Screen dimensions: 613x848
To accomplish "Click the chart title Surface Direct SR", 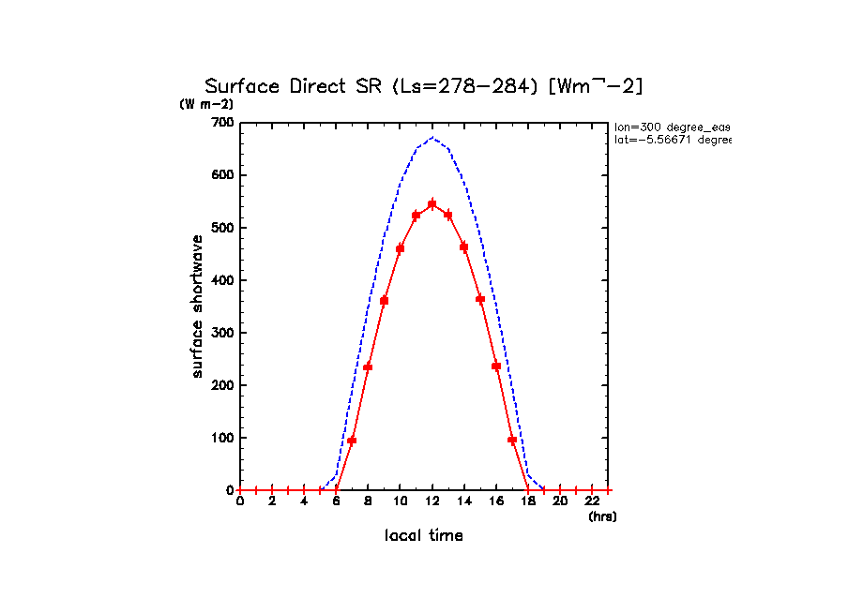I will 424,86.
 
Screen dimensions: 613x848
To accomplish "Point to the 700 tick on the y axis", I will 223,123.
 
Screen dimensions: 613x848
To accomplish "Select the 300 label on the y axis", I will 223,333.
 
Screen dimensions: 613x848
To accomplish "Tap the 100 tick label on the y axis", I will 223,438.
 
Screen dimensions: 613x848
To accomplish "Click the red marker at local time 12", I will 432,203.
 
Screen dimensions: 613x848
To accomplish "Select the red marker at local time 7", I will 352,441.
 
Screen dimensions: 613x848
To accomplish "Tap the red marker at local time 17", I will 512,440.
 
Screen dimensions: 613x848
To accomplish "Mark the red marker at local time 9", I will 384,301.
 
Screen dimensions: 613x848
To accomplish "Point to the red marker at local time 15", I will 480,299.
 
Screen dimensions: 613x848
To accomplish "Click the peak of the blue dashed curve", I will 432,138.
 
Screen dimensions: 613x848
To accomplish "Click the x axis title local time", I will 424,536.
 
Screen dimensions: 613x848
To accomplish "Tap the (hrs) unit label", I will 602,516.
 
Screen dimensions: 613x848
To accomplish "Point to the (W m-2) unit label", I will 206,104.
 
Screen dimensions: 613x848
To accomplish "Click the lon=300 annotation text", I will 672,127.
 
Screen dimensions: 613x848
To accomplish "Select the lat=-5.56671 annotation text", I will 672,140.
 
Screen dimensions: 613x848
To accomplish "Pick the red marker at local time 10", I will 401,248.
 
